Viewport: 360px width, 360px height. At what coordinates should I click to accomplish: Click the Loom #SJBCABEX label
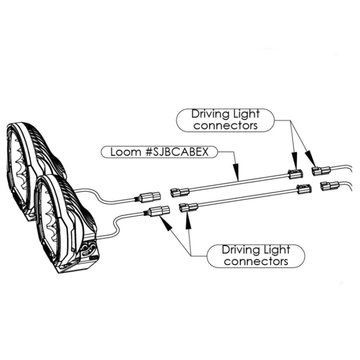pos(159,152)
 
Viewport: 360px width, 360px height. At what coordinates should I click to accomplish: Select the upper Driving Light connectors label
pos(226,120)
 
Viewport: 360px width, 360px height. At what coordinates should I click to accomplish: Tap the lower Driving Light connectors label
pos(256,256)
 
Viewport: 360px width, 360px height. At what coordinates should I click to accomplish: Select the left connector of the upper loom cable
pos(180,193)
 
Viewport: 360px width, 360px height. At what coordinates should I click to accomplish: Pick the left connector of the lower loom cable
pos(188,207)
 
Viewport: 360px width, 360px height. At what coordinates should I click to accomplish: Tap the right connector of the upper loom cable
pos(296,174)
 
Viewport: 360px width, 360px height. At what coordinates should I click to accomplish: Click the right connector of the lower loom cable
pos(304,189)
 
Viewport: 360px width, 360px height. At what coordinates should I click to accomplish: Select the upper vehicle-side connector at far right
pos(321,171)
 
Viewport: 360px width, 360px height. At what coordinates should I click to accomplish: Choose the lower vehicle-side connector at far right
pos(330,186)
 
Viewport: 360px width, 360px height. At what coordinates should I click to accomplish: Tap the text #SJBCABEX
pos(177,152)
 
